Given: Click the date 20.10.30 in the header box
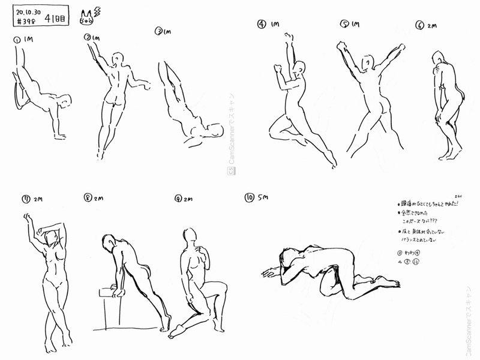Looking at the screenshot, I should [x=29, y=12].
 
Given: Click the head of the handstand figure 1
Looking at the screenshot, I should [x=65, y=101].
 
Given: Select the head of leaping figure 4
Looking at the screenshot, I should [x=301, y=68].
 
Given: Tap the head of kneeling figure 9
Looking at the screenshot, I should [x=190, y=236].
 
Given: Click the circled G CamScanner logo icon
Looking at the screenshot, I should [x=230, y=171].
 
